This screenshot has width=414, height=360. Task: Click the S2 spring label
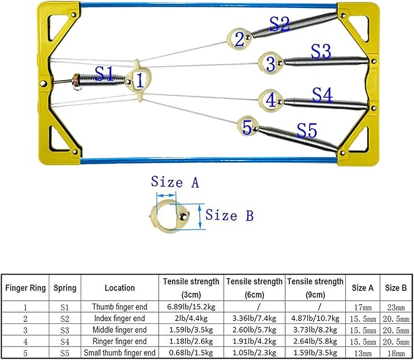pos(280,24)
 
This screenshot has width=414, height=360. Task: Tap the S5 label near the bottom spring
pos(307,130)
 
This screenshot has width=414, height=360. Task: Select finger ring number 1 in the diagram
pos(139,79)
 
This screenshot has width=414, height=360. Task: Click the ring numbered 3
pos(269,63)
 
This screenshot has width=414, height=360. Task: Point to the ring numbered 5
pos(247,127)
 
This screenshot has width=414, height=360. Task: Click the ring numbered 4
pos(270,98)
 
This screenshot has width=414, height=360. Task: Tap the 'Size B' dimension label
pos(229,215)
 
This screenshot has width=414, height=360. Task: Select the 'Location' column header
pos(119,287)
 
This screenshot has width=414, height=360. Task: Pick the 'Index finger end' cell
pos(119,318)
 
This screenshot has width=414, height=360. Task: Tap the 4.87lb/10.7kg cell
pos(315,318)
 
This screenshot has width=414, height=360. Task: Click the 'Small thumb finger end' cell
pos(119,353)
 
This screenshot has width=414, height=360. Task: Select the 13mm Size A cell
pos(363,353)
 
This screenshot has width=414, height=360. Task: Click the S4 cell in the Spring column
pos(65,341)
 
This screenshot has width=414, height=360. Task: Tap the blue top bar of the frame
pos(207,6)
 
